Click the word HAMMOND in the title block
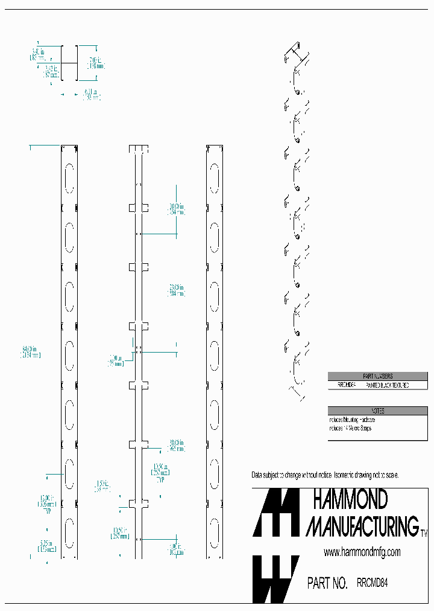tap(350, 501)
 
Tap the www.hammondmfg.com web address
tap(362, 552)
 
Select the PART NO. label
tap(327, 583)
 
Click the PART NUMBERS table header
tap(377, 376)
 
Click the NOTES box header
tap(377, 411)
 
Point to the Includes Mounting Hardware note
tap(352, 420)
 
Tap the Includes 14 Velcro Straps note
tap(350, 428)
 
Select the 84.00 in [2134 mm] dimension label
tap(31, 352)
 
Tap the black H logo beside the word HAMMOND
tap(275, 513)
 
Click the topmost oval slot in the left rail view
tap(69, 177)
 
